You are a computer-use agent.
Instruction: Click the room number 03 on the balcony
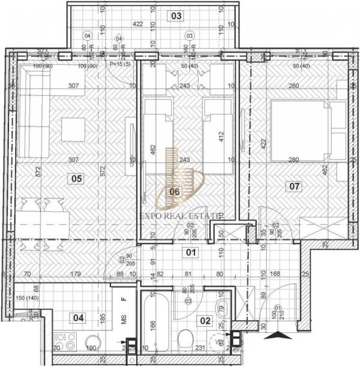pyautogui.click(x=176, y=16)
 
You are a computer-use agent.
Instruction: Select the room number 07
pyautogui.click(x=295, y=186)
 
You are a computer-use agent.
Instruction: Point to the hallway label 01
pyautogui.click(x=190, y=252)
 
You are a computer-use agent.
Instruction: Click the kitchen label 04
pyautogui.click(x=78, y=318)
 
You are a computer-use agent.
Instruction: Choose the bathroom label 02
pyautogui.click(x=205, y=321)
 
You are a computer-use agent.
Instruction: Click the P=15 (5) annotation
pyautogui.click(x=120, y=64)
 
